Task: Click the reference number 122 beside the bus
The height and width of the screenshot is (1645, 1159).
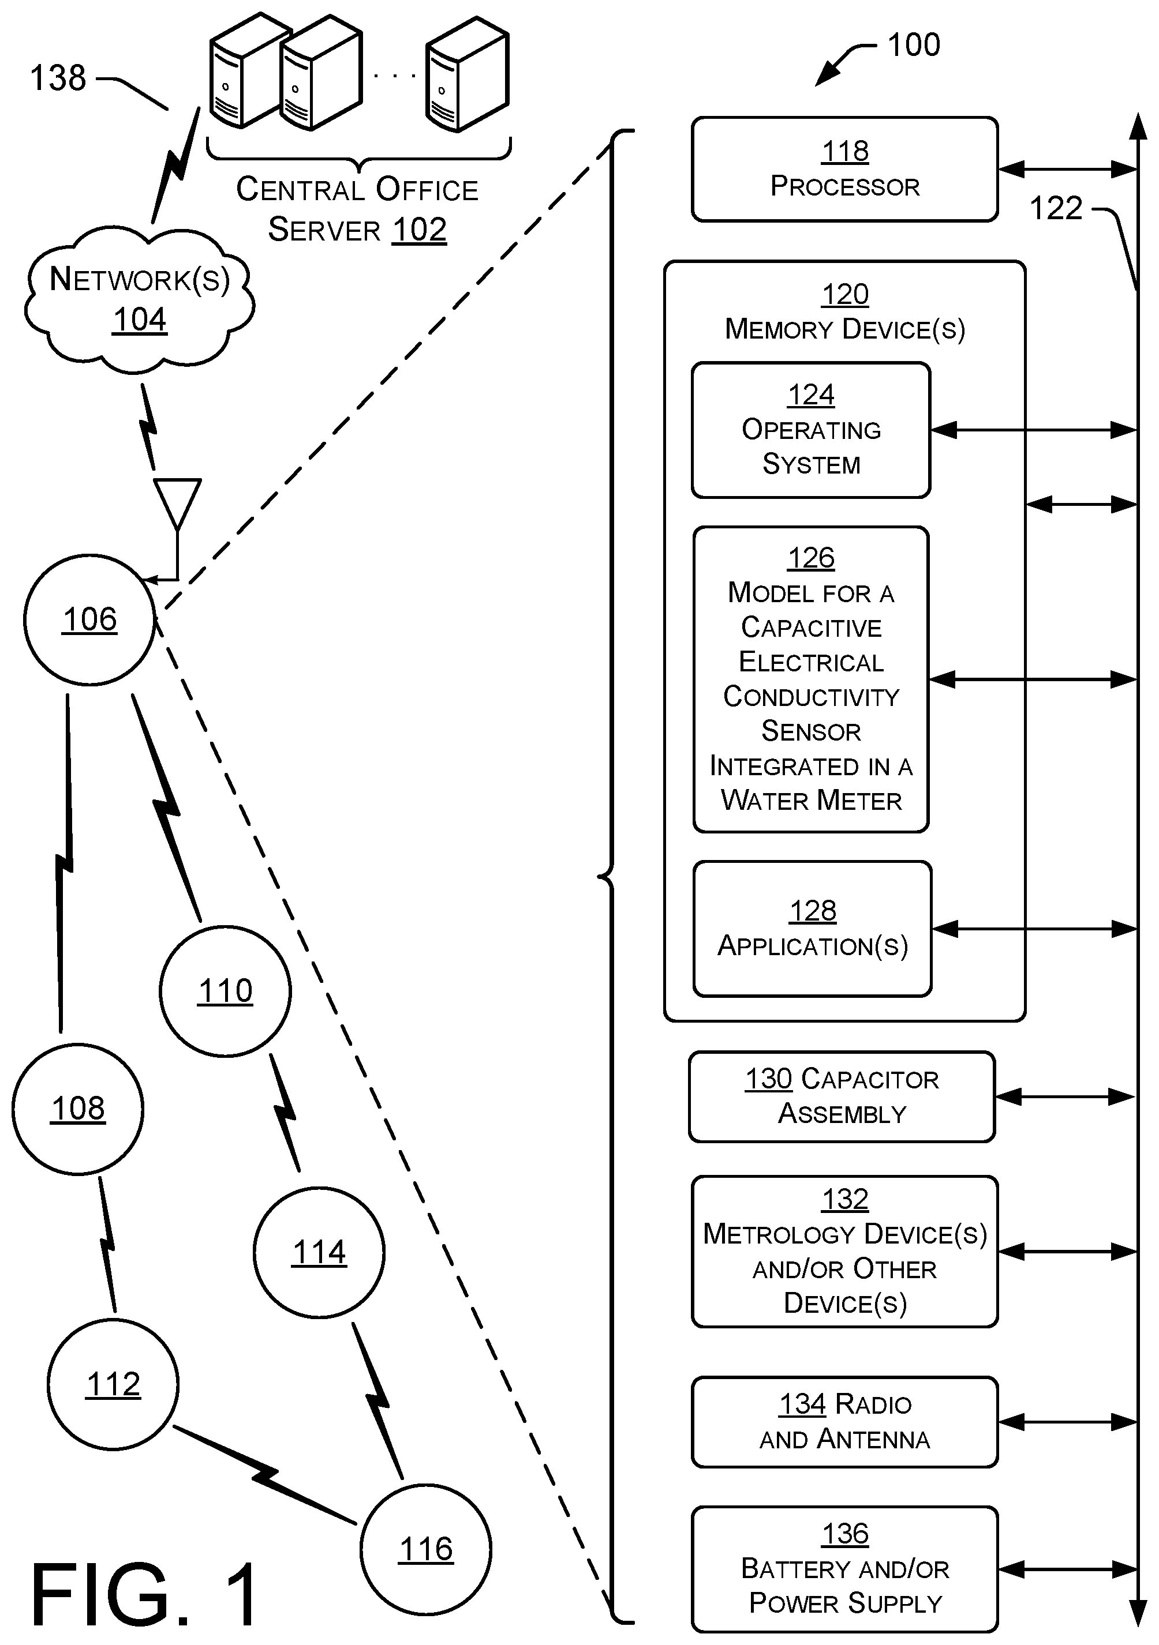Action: pyautogui.click(x=1056, y=208)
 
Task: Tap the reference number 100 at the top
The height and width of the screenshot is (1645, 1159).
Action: pyautogui.click(x=914, y=44)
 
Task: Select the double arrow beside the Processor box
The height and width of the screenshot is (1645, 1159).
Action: pyautogui.click(x=1068, y=170)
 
